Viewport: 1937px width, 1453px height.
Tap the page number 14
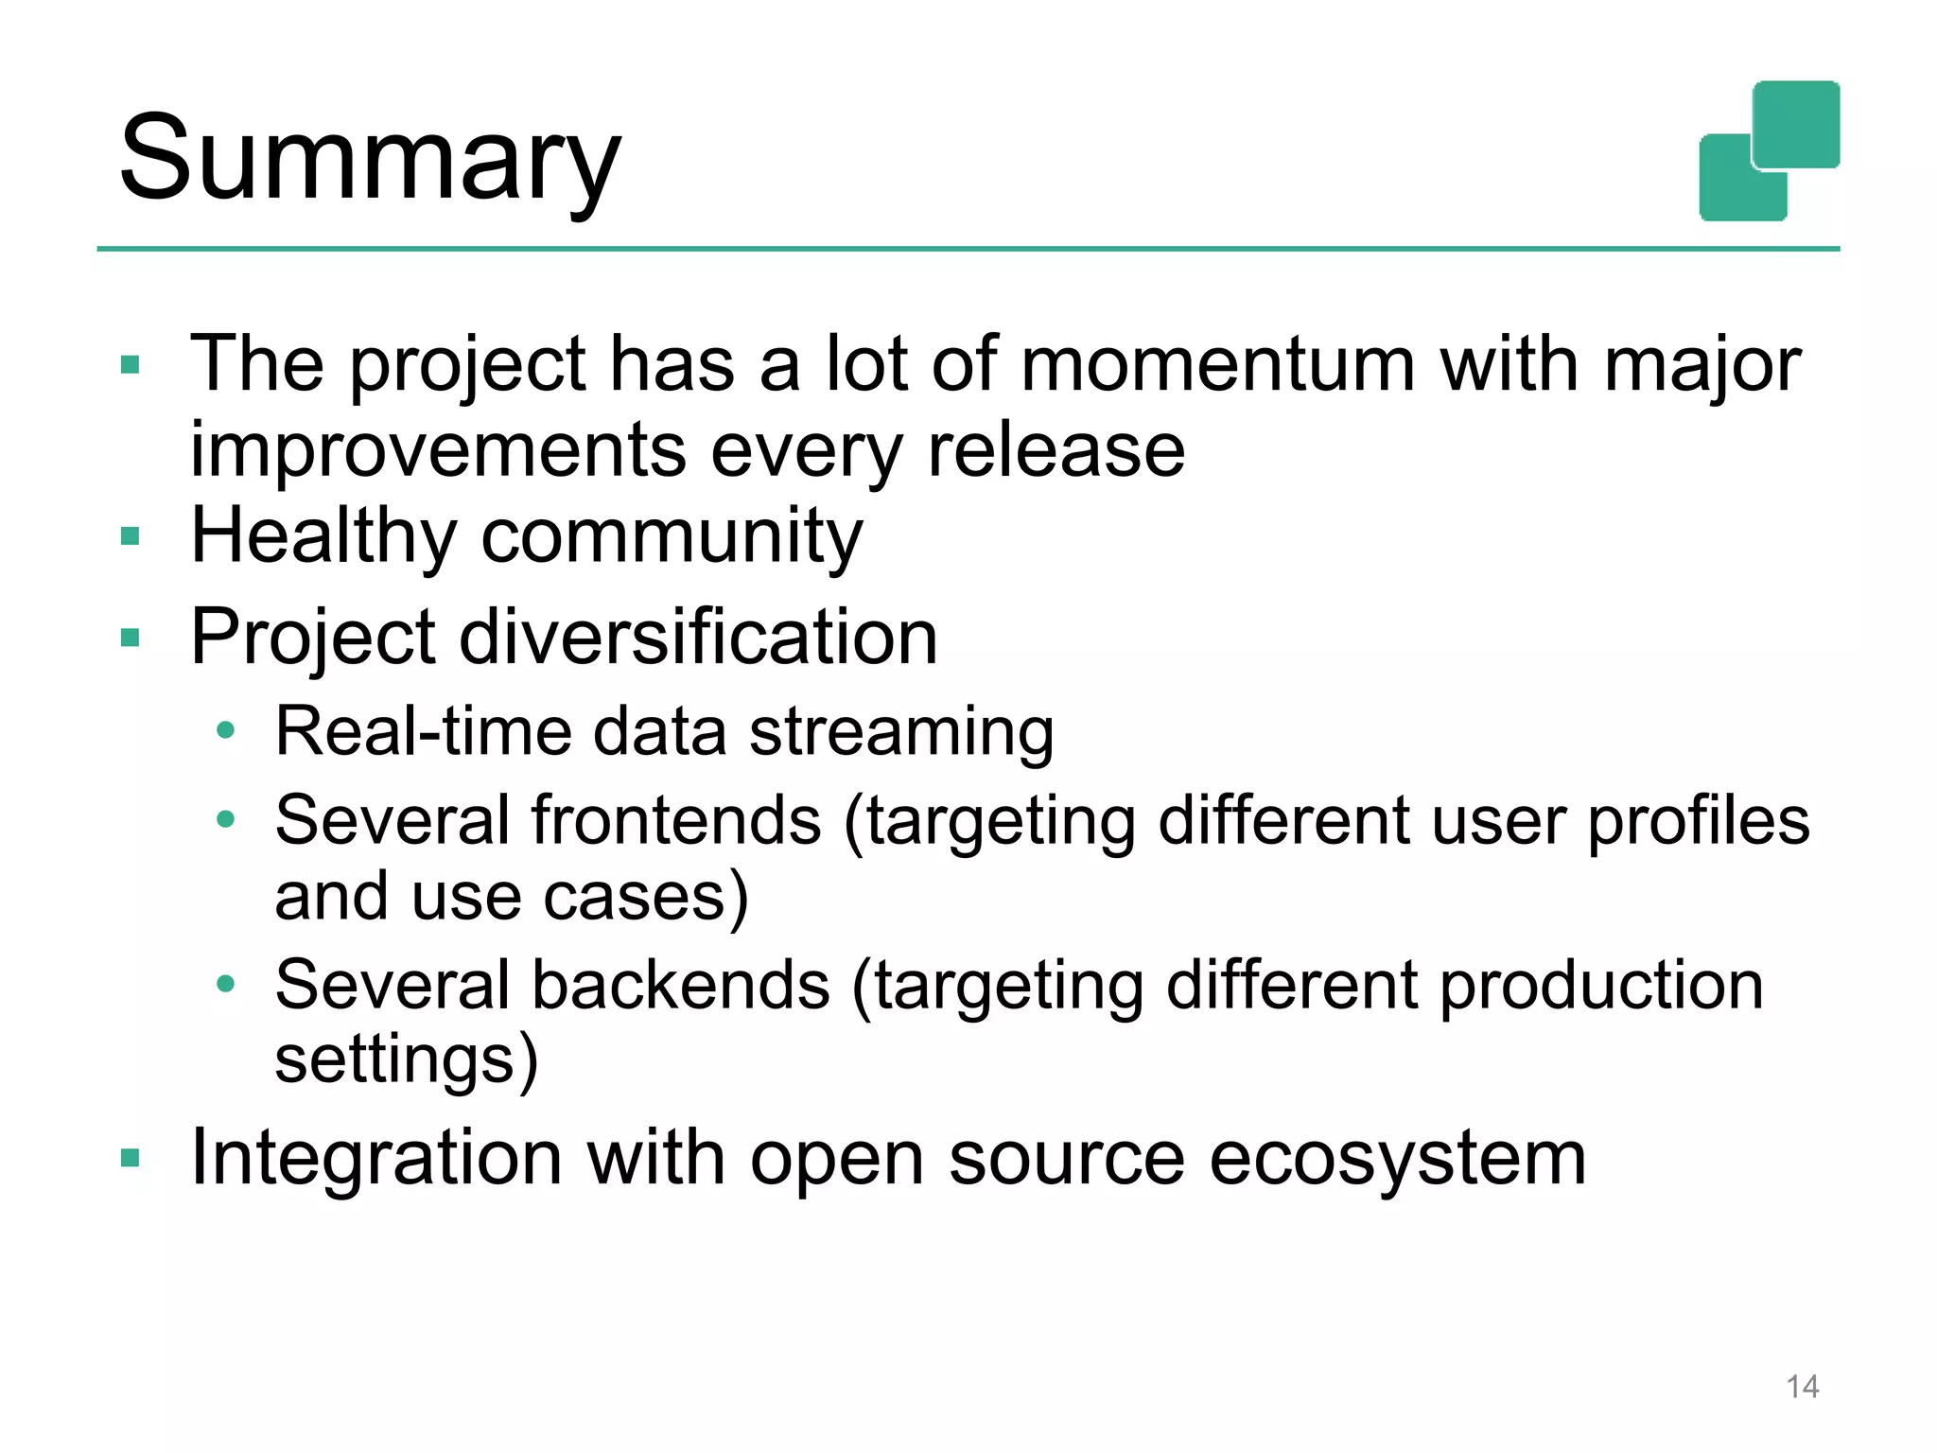point(1802,1387)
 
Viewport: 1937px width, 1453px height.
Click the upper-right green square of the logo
point(1796,123)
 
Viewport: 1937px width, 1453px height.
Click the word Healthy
point(323,536)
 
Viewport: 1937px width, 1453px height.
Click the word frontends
point(676,819)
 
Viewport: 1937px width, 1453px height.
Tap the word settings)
point(407,1059)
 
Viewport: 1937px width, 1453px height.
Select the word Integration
point(376,1158)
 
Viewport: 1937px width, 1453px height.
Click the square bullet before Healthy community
point(131,536)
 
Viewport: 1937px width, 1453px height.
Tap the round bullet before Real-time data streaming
point(225,730)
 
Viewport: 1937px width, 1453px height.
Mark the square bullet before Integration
point(131,1158)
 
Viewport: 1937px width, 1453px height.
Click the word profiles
point(1698,819)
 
